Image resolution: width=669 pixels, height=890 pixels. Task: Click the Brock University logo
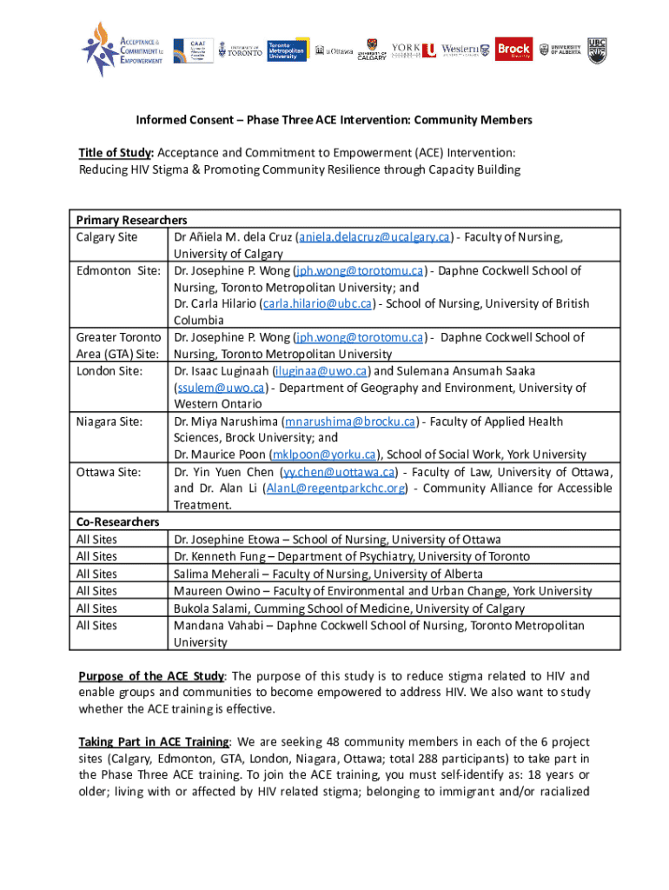coord(514,50)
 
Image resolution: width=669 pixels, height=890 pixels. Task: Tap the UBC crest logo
coord(597,50)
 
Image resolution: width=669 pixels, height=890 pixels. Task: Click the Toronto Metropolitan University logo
coord(286,50)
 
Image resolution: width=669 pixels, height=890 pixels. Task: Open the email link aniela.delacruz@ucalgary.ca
coord(374,236)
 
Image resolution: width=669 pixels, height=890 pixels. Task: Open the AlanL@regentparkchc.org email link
coord(334,488)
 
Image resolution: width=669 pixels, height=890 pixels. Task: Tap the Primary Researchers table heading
coord(131,220)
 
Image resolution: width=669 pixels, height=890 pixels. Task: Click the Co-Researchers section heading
coord(117,521)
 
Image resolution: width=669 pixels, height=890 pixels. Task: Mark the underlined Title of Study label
coord(117,153)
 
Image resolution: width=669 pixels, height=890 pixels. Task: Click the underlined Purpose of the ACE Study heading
coord(152,676)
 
